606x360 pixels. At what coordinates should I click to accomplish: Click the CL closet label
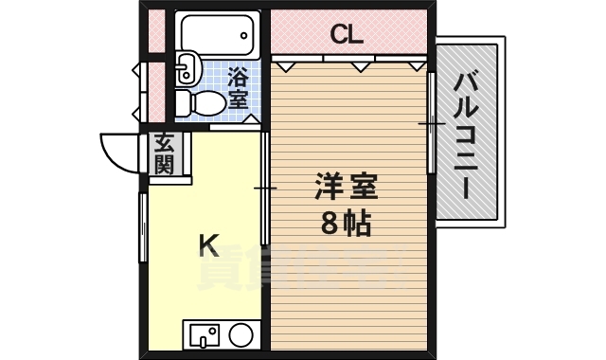pyautogui.click(x=347, y=35)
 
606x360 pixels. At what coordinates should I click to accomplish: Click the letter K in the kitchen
pyautogui.click(x=208, y=245)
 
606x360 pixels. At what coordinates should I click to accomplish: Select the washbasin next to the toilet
pyautogui.click(x=186, y=66)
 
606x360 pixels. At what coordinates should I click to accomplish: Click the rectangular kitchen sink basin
pyautogui.click(x=204, y=334)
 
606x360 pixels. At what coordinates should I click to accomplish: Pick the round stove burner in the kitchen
pyautogui.click(x=241, y=334)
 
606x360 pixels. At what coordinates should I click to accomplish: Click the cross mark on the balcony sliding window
pyautogui.click(x=432, y=123)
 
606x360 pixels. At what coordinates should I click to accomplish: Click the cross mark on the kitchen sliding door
pyautogui.click(x=264, y=189)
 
